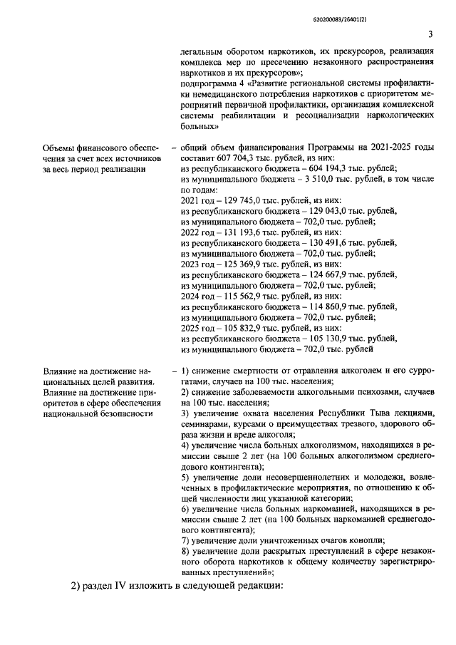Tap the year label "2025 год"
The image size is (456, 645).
199,326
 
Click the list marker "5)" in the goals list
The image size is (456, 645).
185,476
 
